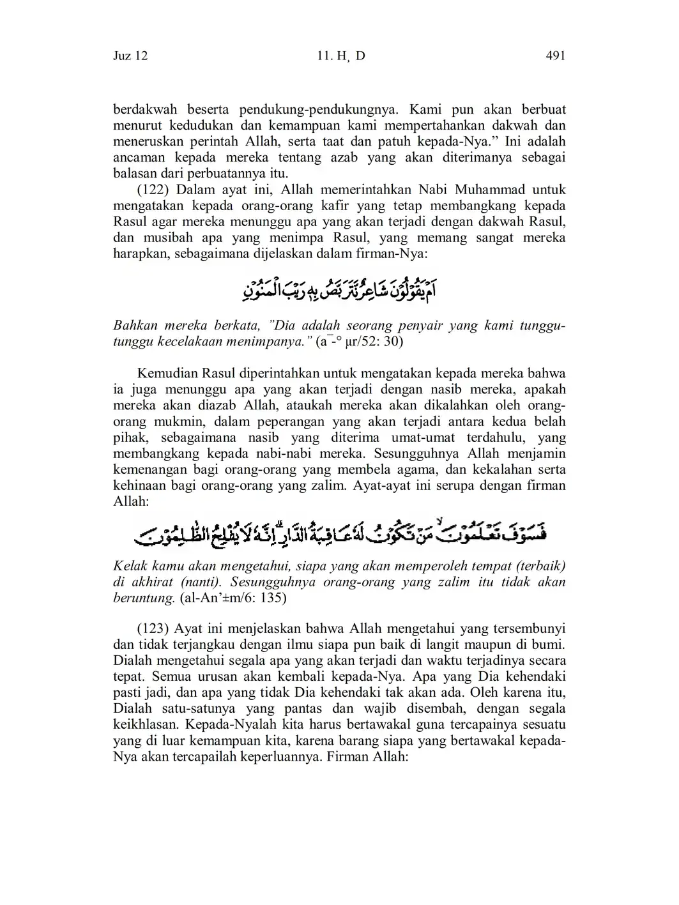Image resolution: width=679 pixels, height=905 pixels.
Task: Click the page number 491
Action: tap(556, 56)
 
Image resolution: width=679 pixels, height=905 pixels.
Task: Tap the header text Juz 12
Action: tap(130, 56)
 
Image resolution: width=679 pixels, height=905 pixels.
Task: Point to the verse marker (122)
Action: tap(154, 190)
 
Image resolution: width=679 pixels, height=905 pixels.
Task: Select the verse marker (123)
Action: tap(154, 628)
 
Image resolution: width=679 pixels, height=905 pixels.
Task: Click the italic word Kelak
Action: tap(129, 567)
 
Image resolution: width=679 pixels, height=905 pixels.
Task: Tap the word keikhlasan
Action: tap(145, 725)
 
